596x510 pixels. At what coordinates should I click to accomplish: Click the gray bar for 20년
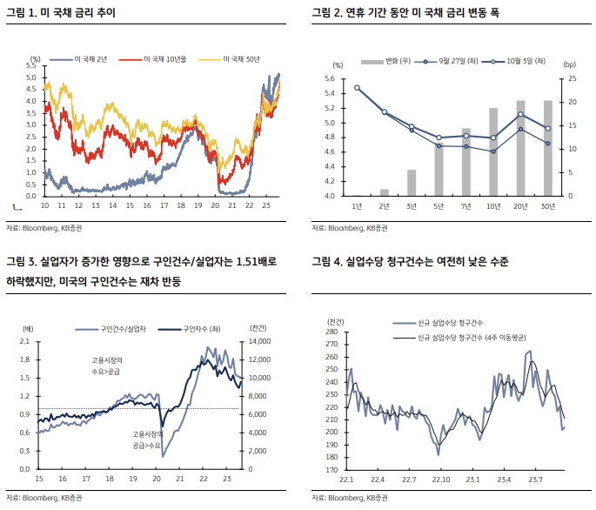520,148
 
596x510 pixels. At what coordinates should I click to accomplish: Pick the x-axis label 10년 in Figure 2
493,205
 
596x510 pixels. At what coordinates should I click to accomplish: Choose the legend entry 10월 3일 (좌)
516,63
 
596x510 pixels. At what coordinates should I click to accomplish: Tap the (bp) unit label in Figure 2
569,65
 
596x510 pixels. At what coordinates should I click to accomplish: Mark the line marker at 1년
357,88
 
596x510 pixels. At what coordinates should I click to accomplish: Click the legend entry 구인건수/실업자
123,330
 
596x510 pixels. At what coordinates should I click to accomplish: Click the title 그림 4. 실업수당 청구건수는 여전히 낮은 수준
409,260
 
